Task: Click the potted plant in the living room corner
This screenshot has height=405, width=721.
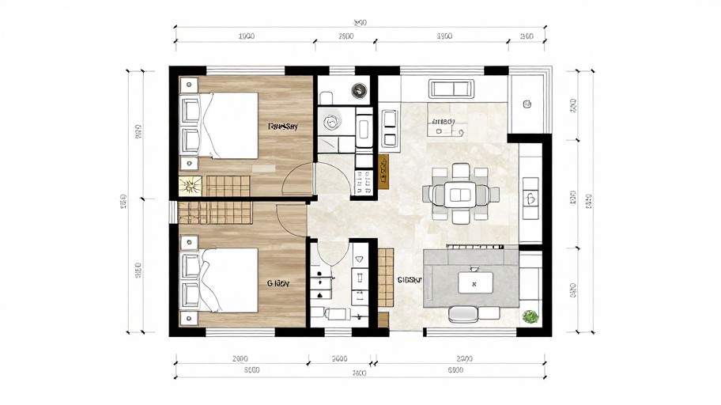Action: (530, 317)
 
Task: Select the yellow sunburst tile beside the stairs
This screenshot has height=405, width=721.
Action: (190, 186)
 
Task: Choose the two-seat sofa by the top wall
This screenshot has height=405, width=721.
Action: (454, 88)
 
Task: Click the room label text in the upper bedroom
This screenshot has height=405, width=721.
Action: (282, 126)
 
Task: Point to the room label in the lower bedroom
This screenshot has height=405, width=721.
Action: (278, 282)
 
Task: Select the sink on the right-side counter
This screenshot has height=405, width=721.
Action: (530, 189)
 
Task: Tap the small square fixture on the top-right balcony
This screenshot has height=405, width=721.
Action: (527, 102)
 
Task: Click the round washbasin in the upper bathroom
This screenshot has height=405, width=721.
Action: (331, 122)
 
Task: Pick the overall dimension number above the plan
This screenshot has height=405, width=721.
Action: (360, 22)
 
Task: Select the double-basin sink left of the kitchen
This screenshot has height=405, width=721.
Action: (389, 129)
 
